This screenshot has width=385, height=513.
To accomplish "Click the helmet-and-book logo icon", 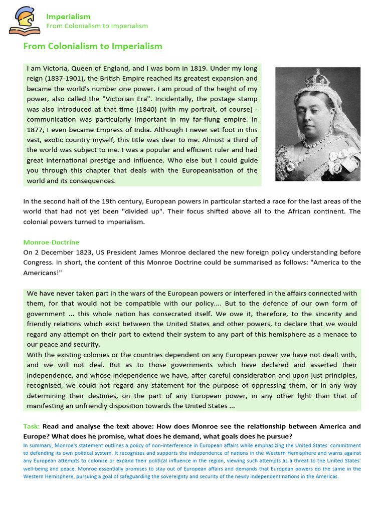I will (25, 21).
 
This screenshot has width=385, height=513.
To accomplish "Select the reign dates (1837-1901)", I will (66, 79).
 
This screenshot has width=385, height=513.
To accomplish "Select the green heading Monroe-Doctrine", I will (51, 242).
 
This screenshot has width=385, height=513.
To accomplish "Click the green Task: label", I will (31, 426).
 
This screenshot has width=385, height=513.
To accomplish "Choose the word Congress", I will (41, 263).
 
